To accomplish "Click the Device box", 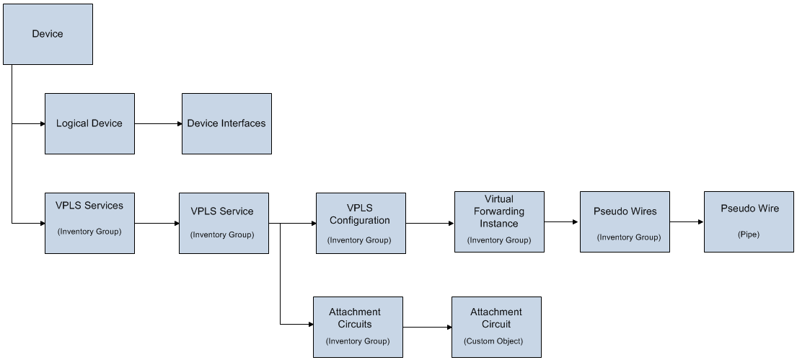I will (x=48, y=34).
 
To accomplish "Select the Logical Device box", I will (x=89, y=123).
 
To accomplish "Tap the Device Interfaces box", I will (x=226, y=123).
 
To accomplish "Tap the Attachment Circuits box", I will (x=358, y=327).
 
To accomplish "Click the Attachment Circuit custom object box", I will (x=496, y=327).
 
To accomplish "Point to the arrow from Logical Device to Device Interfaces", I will (x=158, y=123).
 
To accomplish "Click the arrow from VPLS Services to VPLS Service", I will (x=157, y=224).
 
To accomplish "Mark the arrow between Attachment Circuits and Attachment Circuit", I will (x=427, y=328).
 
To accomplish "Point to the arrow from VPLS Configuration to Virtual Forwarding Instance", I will (x=430, y=224).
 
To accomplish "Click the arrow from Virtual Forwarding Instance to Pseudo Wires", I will (x=562, y=222).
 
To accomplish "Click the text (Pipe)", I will (x=749, y=234).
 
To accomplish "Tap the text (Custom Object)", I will (x=493, y=341).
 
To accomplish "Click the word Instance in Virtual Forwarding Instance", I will (x=499, y=224).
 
